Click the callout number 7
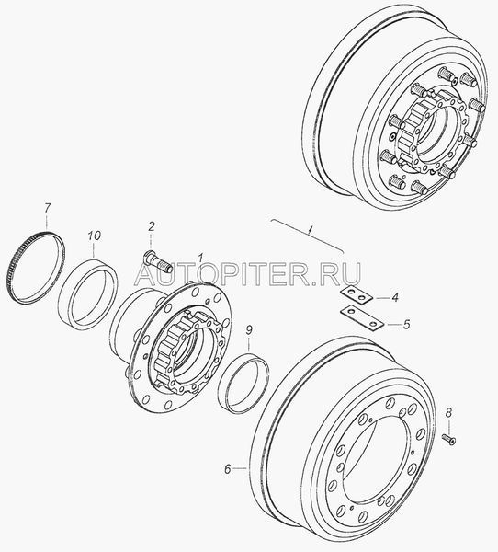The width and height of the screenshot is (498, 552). [x=48, y=209]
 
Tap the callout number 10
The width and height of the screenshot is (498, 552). [x=94, y=236]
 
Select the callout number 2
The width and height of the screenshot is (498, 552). [x=151, y=226]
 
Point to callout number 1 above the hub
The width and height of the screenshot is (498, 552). [x=199, y=259]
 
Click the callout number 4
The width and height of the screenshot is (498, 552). [x=395, y=297]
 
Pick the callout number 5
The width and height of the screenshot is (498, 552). [x=406, y=324]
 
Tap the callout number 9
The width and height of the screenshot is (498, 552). [x=249, y=330]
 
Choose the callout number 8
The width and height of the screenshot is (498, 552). [x=448, y=412]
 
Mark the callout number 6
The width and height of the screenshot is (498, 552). [x=228, y=469]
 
